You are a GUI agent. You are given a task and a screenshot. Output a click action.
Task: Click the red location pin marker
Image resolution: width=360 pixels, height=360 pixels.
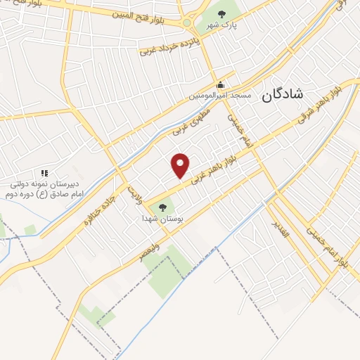pos(181,165)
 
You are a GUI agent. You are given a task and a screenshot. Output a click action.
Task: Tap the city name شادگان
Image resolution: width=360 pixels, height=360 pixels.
pos(281,95)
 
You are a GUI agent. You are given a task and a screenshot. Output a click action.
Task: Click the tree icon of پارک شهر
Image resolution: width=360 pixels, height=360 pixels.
pos(222,13)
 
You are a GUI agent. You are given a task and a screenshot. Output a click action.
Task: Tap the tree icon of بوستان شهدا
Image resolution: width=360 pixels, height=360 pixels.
pos(163,207)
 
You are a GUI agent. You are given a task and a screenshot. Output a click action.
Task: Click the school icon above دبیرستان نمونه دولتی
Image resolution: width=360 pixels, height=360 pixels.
pos(44,172)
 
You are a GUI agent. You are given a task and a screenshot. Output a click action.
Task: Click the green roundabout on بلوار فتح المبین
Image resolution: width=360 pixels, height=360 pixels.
pos(187,23)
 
